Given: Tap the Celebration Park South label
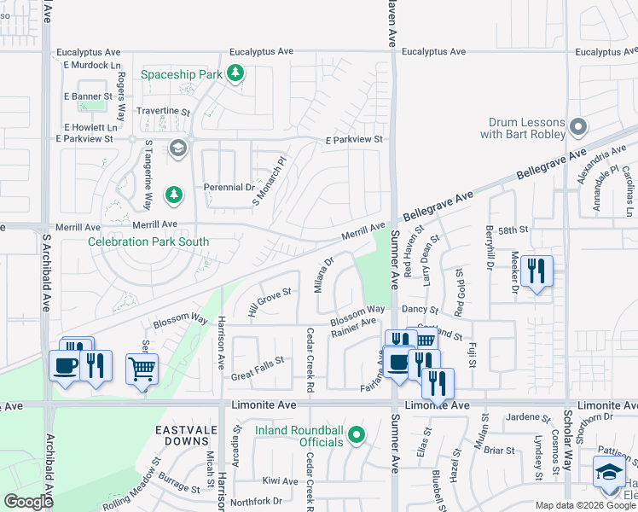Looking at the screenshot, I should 148,241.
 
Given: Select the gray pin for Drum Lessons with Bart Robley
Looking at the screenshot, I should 578,128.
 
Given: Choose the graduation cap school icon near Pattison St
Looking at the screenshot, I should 610,473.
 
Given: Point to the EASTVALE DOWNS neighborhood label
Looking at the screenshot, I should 182,433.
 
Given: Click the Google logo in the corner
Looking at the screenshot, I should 28,501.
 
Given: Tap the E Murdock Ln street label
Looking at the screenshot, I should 89,65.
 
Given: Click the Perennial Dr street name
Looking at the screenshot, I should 229,187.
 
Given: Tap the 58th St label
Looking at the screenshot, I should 513,230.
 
